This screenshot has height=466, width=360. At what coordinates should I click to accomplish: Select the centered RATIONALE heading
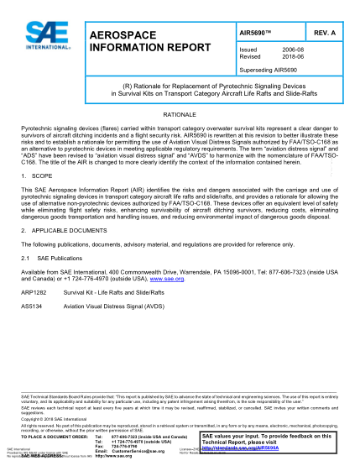point(180,113)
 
